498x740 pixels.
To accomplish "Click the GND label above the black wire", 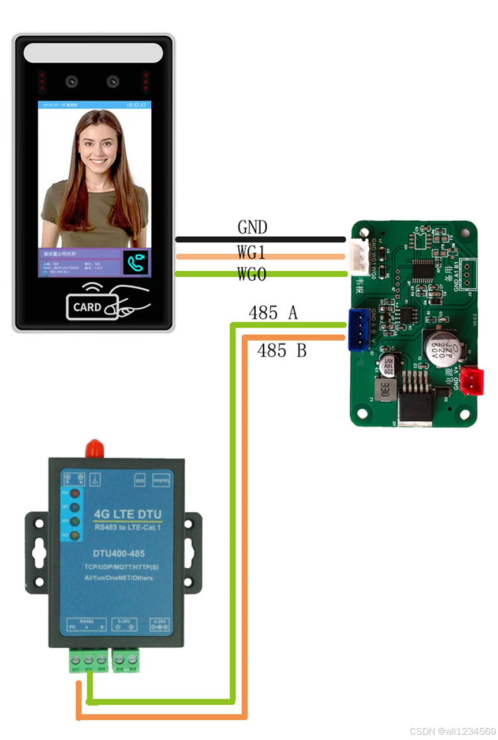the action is click(x=252, y=228).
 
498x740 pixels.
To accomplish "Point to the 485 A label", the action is click(x=273, y=313).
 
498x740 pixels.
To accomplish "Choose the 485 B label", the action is click(x=282, y=350).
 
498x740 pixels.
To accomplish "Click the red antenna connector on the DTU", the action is click(x=94, y=448).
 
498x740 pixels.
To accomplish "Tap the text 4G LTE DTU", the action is click(x=128, y=515).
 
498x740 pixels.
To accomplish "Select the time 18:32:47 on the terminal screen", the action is click(x=137, y=105).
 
